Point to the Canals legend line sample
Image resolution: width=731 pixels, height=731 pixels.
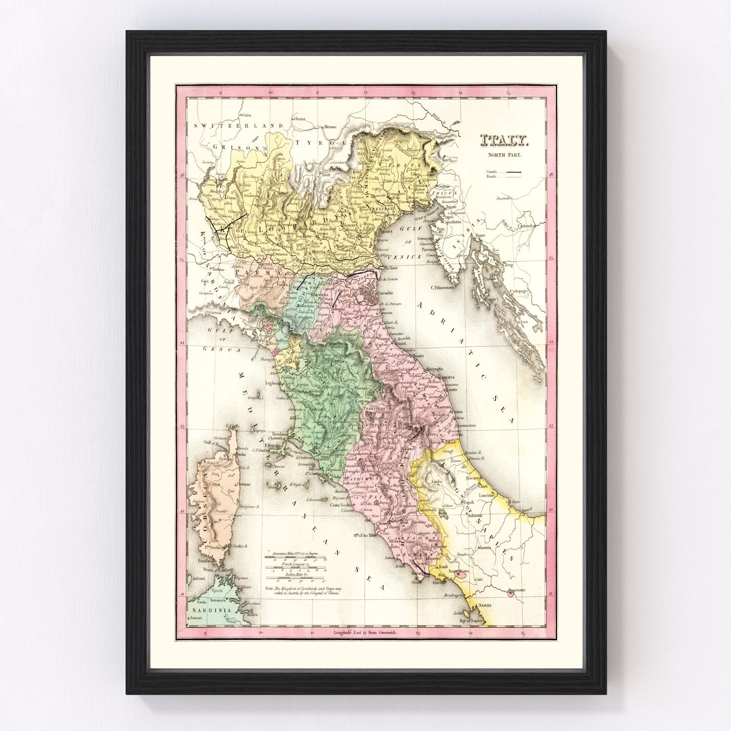513,172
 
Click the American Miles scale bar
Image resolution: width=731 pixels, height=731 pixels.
298,559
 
